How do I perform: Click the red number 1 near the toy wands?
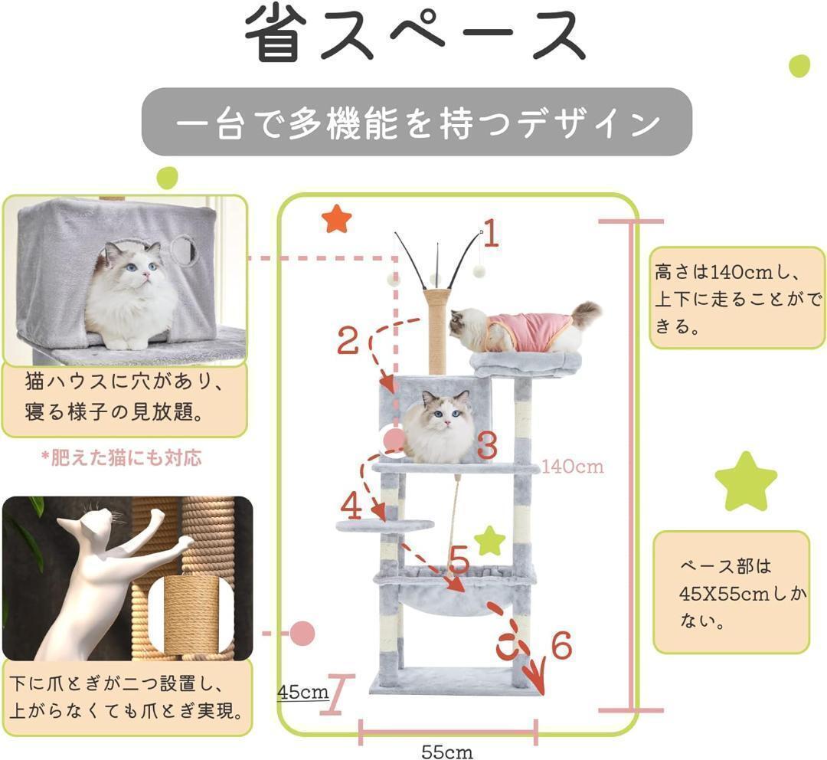491,233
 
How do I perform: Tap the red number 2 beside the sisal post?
348,340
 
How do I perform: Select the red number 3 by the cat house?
487,444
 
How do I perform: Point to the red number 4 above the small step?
351,505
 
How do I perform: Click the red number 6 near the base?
561,645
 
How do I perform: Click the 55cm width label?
447,752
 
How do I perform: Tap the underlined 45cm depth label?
302,692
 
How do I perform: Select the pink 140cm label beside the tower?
573,466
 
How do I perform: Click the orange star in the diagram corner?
336,220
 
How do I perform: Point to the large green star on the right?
746,482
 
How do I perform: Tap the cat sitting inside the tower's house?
440,427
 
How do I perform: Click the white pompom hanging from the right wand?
479,270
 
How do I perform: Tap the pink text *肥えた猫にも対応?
122,457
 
